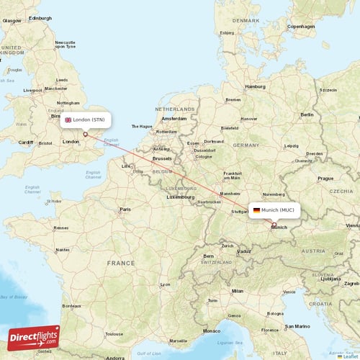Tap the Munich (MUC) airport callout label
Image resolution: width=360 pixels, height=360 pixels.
[x=273, y=210]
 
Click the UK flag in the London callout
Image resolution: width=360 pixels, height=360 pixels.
[x=68, y=120]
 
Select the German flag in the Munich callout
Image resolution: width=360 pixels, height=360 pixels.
[x=256, y=210]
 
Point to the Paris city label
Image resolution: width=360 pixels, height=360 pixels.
[x=126, y=210]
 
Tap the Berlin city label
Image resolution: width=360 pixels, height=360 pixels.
[x=307, y=114]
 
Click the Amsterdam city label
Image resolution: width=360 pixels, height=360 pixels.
[x=174, y=118]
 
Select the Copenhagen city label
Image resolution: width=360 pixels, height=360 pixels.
[x=301, y=27]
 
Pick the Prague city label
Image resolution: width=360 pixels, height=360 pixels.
[x=325, y=178]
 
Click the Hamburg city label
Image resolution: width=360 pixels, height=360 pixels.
[x=255, y=86]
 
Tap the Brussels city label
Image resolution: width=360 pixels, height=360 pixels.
[x=163, y=157]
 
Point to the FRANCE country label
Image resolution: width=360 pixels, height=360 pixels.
[x=121, y=264]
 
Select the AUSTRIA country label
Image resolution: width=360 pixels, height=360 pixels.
[x=312, y=251]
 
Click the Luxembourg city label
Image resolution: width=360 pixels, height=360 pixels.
[x=181, y=197]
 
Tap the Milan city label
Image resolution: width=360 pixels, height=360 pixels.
[x=237, y=291]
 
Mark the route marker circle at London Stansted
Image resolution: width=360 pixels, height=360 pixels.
[x=85, y=133]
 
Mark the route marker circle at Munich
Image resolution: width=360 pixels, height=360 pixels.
[x=274, y=225]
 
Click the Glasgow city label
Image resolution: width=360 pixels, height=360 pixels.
[x=12, y=21]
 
